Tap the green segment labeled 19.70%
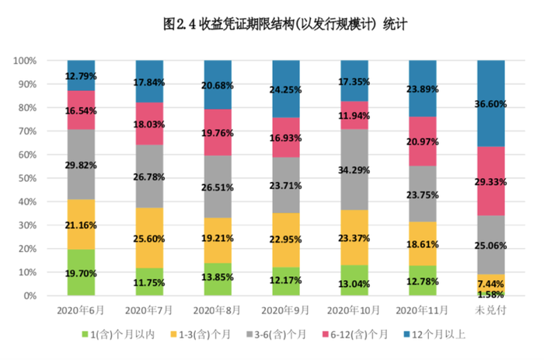[82, 272]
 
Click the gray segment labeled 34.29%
[354, 169]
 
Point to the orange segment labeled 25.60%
[150, 238]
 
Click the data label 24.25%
[286, 89]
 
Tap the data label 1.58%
[490, 295]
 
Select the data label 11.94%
[354, 115]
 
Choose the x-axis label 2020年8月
[218, 310]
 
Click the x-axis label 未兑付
[490, 310]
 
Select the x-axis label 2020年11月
[422, 310]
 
